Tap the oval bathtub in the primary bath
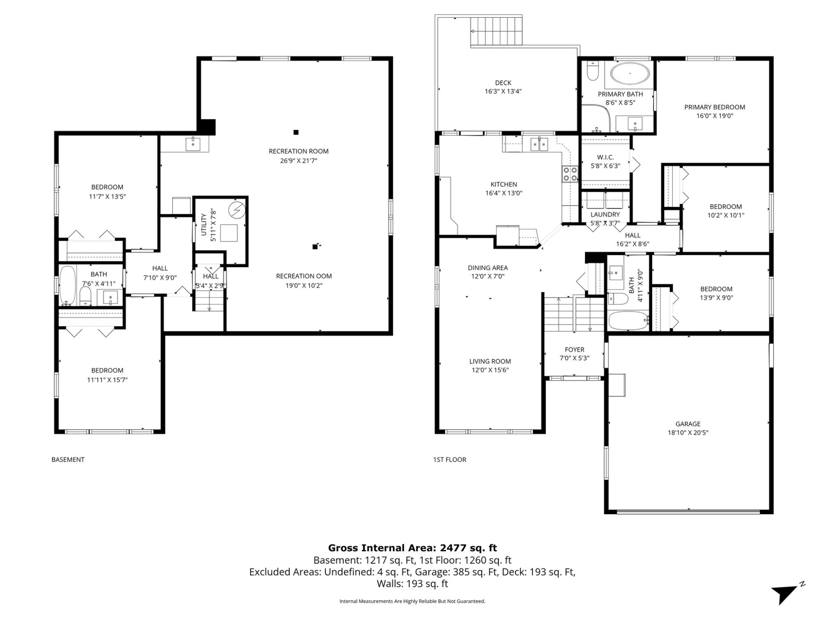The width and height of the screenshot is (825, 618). click(630, 74)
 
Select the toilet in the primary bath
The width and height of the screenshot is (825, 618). click(593, 71)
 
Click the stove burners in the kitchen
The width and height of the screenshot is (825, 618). click(570, 173)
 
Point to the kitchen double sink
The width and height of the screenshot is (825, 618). click(539, 144)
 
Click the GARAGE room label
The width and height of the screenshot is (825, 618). click(688, 424)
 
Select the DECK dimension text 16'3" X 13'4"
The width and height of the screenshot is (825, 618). click(503, 91)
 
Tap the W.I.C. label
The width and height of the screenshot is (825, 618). click(606, 157)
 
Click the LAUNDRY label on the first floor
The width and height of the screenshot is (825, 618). click(605, 214)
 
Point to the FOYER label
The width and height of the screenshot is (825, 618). click(575, 349)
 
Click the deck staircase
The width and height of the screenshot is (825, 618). click(497, 31)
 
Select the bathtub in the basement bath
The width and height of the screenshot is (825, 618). click(68, 285)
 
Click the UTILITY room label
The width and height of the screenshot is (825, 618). click(203, 225)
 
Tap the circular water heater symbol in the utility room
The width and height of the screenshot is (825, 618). click(237, 210)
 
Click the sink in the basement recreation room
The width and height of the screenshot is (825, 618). click(193, 144)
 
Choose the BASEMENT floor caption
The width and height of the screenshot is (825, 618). click(68, 459)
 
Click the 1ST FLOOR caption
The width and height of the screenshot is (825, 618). click(450, 459)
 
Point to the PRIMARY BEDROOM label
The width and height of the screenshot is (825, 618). click(715, 107)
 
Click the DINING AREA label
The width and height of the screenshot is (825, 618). click(488, 268)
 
